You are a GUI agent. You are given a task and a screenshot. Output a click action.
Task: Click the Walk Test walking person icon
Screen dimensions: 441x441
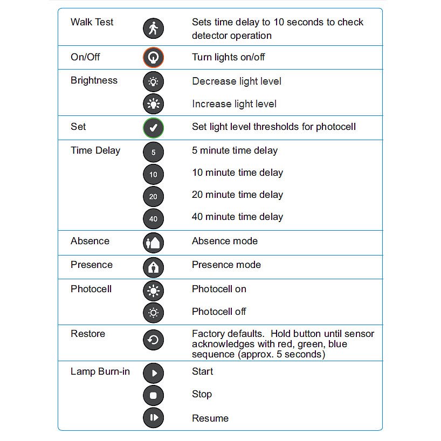pyautogui.click(x=153, y=28)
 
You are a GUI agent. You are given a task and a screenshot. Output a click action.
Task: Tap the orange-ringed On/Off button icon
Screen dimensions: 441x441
pyautogui.click(x=153, y=58)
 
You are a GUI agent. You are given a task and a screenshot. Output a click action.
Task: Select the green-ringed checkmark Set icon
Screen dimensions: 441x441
pyautogui.click(x=153, y=128)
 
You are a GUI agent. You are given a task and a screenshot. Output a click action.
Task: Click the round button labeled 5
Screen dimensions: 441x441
pyautogui.click(x=153, y=152)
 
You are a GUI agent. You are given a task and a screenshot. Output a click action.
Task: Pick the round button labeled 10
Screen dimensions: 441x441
pyautogui.click(x=153, y=174)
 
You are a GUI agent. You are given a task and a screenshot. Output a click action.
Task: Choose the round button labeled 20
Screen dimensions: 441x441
pyautogui.click(x=153, y=196)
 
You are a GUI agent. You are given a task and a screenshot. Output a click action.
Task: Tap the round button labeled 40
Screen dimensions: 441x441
pyautogui.click(x=153, y=218)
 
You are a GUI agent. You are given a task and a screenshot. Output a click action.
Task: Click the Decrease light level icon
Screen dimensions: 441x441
pyautogui.click(x=153, y=82)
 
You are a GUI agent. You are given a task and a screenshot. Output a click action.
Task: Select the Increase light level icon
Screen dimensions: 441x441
pyautogui.click(x=153, y=104)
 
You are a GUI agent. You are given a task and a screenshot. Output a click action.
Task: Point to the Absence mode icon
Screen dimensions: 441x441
pyautogui.click(x=153, y=243)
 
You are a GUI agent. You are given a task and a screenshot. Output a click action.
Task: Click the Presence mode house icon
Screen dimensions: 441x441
pyautogui.click(x=153, y=266)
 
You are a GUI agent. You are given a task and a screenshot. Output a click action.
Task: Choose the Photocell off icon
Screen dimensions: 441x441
pyautogui.click(x=153, y=313)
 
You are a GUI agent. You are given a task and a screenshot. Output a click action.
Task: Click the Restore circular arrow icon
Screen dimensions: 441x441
pyautogui.click(x=153, y=340)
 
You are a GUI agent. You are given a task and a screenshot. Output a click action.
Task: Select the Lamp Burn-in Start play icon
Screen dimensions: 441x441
pyautogui.click(x=153, y=373)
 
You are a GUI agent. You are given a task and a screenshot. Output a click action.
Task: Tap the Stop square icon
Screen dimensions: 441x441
pyautogui.click(x=153, y=395)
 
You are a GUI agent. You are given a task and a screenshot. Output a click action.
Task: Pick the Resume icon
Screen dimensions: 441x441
pyautogui.click(x=153, y=418)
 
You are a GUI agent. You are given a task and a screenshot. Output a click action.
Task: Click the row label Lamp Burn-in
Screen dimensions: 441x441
pyautogui.click(x=100, y=371)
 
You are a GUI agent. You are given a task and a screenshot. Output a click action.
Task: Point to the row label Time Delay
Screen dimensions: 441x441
pyautogui.click(x=95, y=150)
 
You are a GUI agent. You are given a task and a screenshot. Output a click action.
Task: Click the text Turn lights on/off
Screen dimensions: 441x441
pyautogui.click(x=229, y=57)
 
